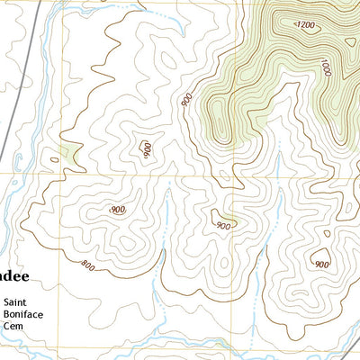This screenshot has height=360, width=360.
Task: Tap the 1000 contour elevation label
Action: coord(325,67)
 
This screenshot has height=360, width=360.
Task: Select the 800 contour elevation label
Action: coord(88,265)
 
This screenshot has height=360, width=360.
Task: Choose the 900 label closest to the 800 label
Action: coord(117,210)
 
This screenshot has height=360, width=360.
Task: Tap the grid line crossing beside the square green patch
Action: coord(61,174)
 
